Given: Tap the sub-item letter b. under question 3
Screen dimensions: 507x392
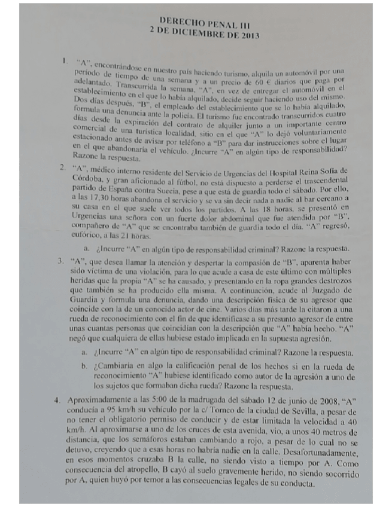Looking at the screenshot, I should point(84,366).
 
